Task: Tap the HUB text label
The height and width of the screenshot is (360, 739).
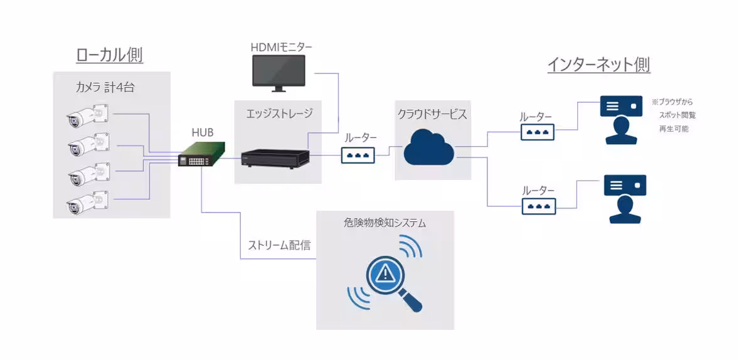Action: click(202, 132)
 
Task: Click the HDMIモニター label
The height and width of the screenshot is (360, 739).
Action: click(281, 46)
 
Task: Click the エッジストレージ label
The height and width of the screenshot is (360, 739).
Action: click(279, 114)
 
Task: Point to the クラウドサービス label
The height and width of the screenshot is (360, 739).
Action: click(432, 114)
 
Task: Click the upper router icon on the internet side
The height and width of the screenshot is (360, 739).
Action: click(537, 132)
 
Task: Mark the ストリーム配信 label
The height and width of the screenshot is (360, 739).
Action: click(278, 245)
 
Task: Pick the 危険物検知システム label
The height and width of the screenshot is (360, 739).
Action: click(385, 223)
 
